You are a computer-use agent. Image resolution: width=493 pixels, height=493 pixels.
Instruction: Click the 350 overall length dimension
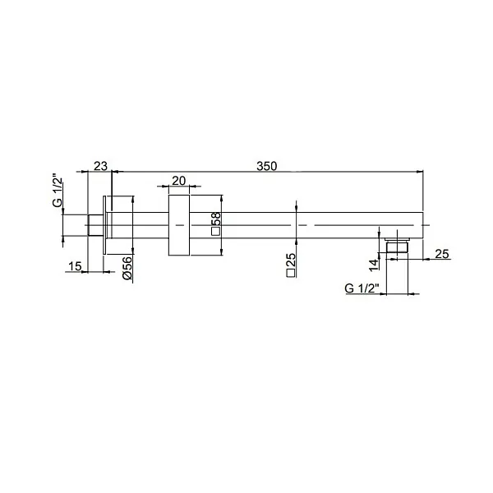coord(265,166)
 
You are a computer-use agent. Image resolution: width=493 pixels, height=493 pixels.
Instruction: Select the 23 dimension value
coord(100,166)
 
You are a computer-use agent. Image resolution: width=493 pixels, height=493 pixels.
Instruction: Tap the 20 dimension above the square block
coord(179,181)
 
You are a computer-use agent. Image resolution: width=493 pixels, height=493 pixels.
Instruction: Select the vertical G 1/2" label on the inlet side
coord(58,190)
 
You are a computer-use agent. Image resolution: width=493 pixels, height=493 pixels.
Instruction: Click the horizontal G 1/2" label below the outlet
coord(361,288)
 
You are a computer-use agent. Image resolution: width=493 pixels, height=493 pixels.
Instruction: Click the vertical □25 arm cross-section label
coord(292,264)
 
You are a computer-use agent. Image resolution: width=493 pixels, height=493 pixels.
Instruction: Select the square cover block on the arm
coord(179,224)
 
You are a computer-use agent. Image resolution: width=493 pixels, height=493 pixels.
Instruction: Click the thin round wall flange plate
coord(104,224)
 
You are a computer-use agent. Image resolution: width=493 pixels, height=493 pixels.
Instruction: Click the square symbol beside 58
coord(215,233)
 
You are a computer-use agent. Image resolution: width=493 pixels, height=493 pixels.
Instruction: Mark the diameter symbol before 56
coord(127,279)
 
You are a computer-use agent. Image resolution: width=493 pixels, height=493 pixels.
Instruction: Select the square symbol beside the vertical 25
coord(292,275)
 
